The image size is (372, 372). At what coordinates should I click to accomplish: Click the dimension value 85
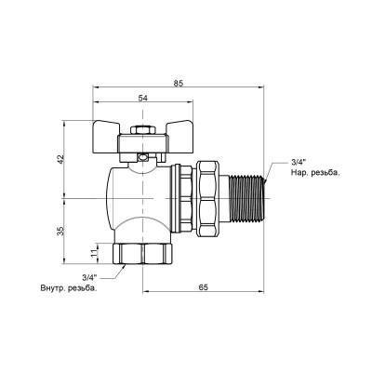pyautogui.click(x=179, y=83)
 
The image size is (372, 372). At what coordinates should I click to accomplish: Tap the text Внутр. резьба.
pyautogui.click(x=68, y=287)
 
